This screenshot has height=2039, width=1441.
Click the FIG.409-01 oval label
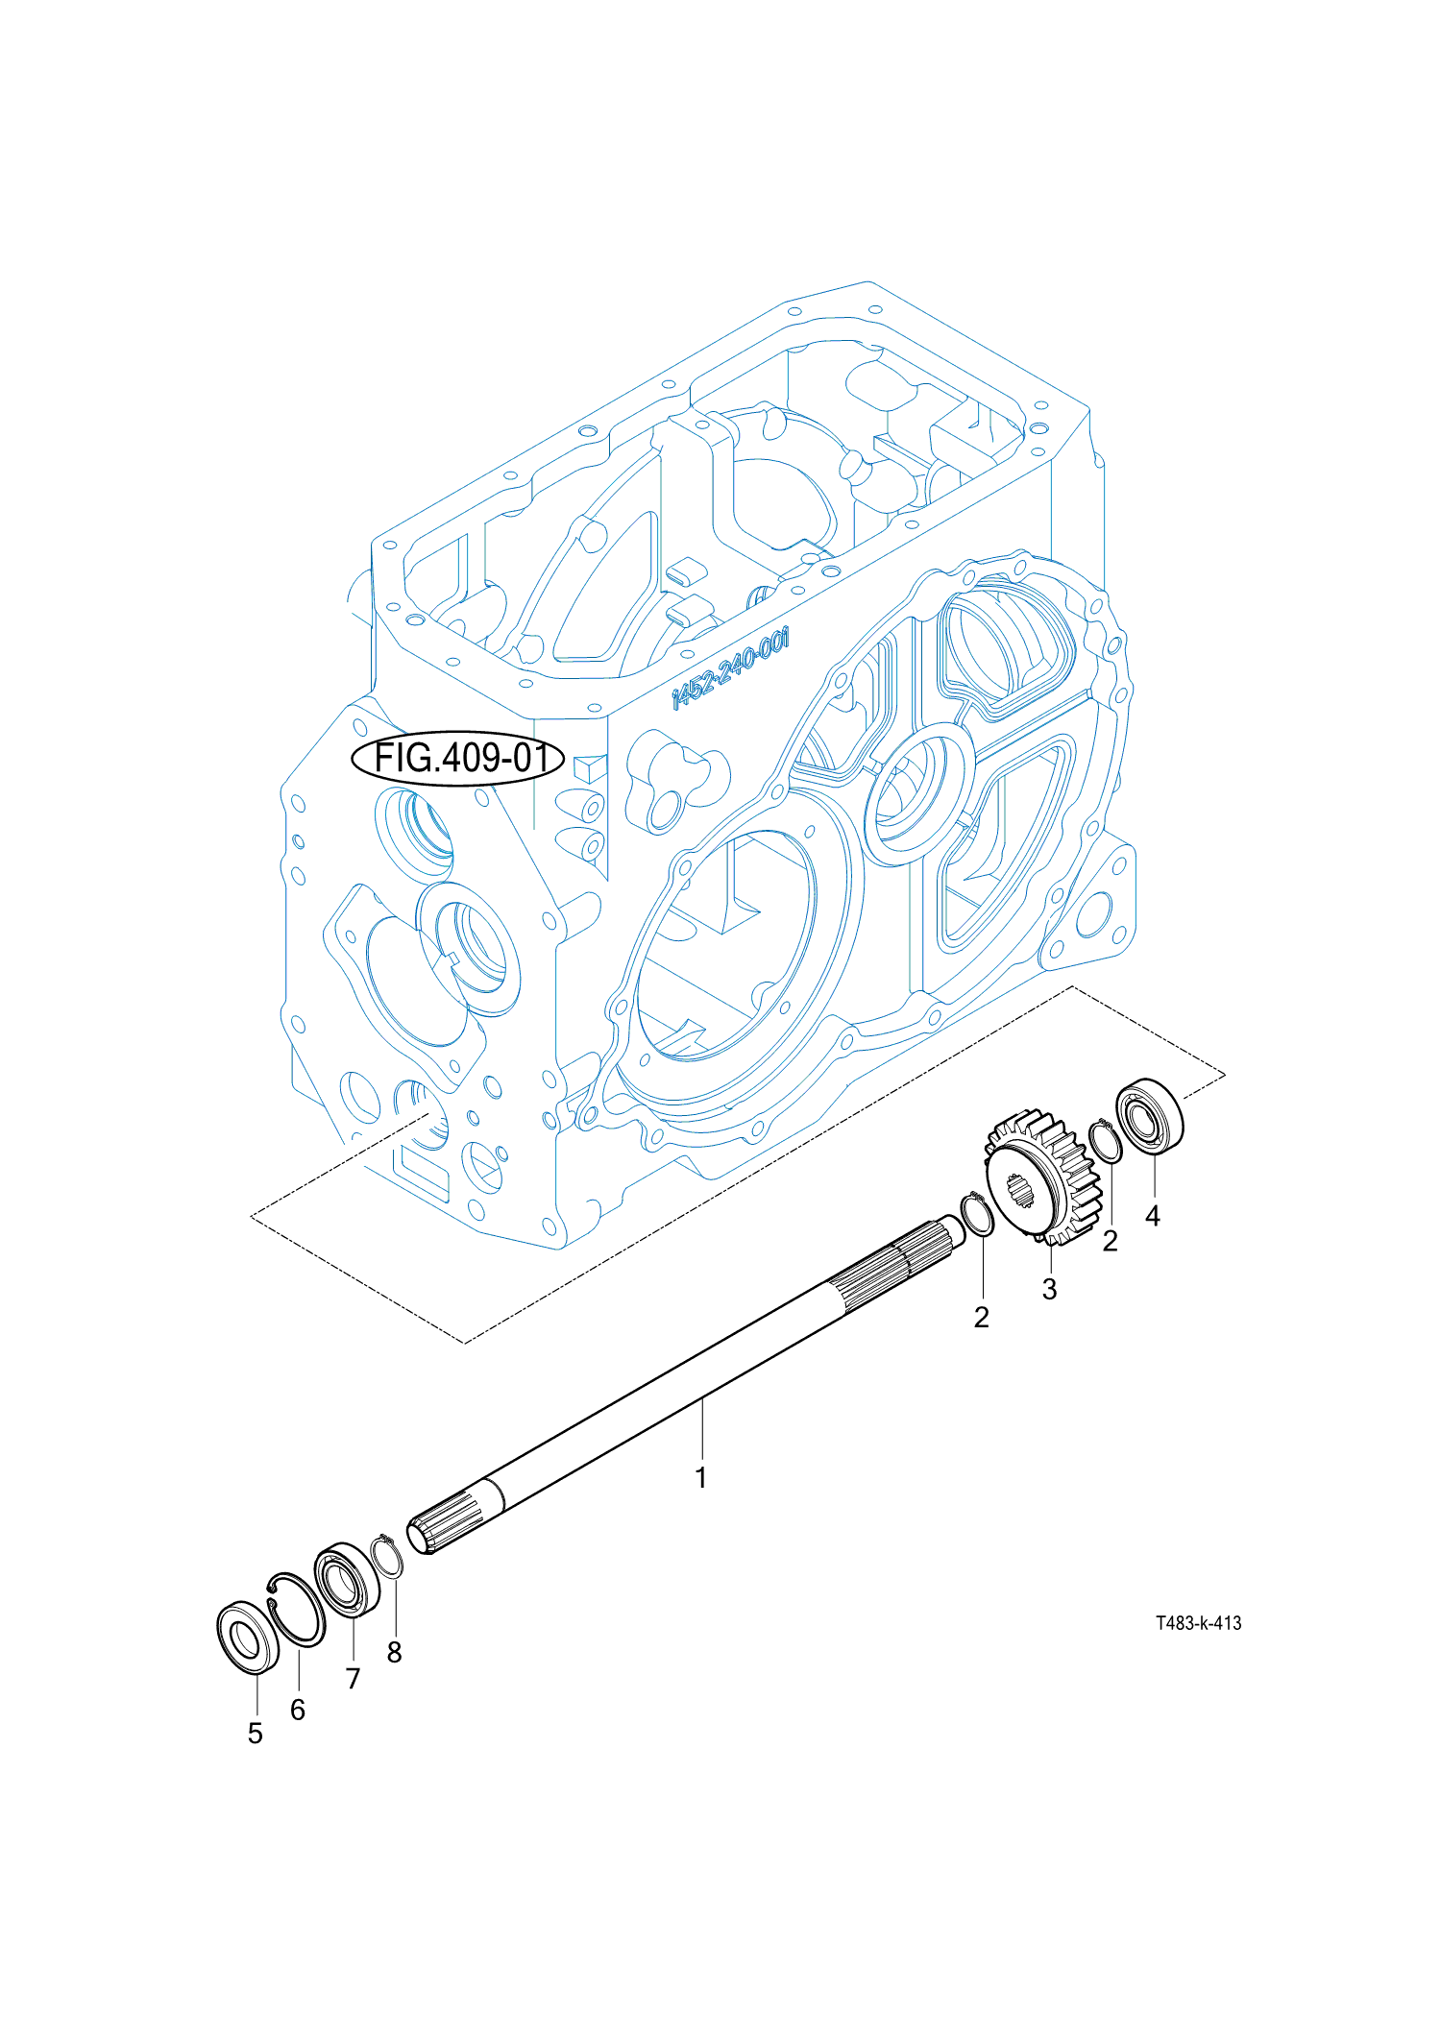point(457,758)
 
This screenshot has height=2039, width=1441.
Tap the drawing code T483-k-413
point(1198,1623)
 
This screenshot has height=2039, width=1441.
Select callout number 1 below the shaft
point(701,1478)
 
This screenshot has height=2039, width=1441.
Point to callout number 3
point(1049,1289)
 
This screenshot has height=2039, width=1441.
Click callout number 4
point(1153,1216)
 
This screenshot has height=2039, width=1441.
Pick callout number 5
point(255,1734)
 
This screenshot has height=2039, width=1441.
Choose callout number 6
point(298,1710)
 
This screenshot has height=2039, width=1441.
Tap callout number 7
point(353,1679)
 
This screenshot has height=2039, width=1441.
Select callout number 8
point(394,1653)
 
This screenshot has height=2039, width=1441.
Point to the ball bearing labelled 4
point(1149,1116)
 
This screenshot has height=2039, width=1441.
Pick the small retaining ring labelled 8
point(386,1556)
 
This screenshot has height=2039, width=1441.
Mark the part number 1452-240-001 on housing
point(730,667)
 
